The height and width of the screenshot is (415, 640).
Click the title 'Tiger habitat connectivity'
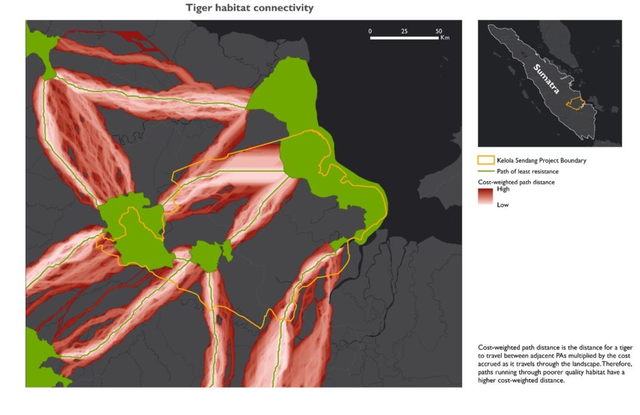point(249,8)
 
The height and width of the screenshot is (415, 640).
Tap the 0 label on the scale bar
point(370,31)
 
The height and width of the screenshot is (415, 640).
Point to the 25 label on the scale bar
point(404,31)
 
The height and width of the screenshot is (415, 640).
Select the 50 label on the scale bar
point(439,31)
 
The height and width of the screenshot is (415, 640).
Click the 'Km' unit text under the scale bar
point(444,38)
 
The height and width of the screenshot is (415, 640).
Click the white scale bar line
point(406,37)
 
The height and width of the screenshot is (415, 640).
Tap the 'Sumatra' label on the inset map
point(547,79)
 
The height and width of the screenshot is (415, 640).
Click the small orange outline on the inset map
point(574,104)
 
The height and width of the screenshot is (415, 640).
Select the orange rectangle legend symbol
point(485,161)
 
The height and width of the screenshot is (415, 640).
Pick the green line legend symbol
point(485,171)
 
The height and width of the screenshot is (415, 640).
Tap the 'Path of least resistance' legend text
point(527,171)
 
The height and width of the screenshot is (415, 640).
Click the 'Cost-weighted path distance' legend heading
point(516,182)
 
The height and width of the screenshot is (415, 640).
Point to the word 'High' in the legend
point(502,189)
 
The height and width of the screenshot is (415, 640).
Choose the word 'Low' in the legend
point(502,204)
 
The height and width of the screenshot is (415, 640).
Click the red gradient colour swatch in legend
point(485,197)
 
